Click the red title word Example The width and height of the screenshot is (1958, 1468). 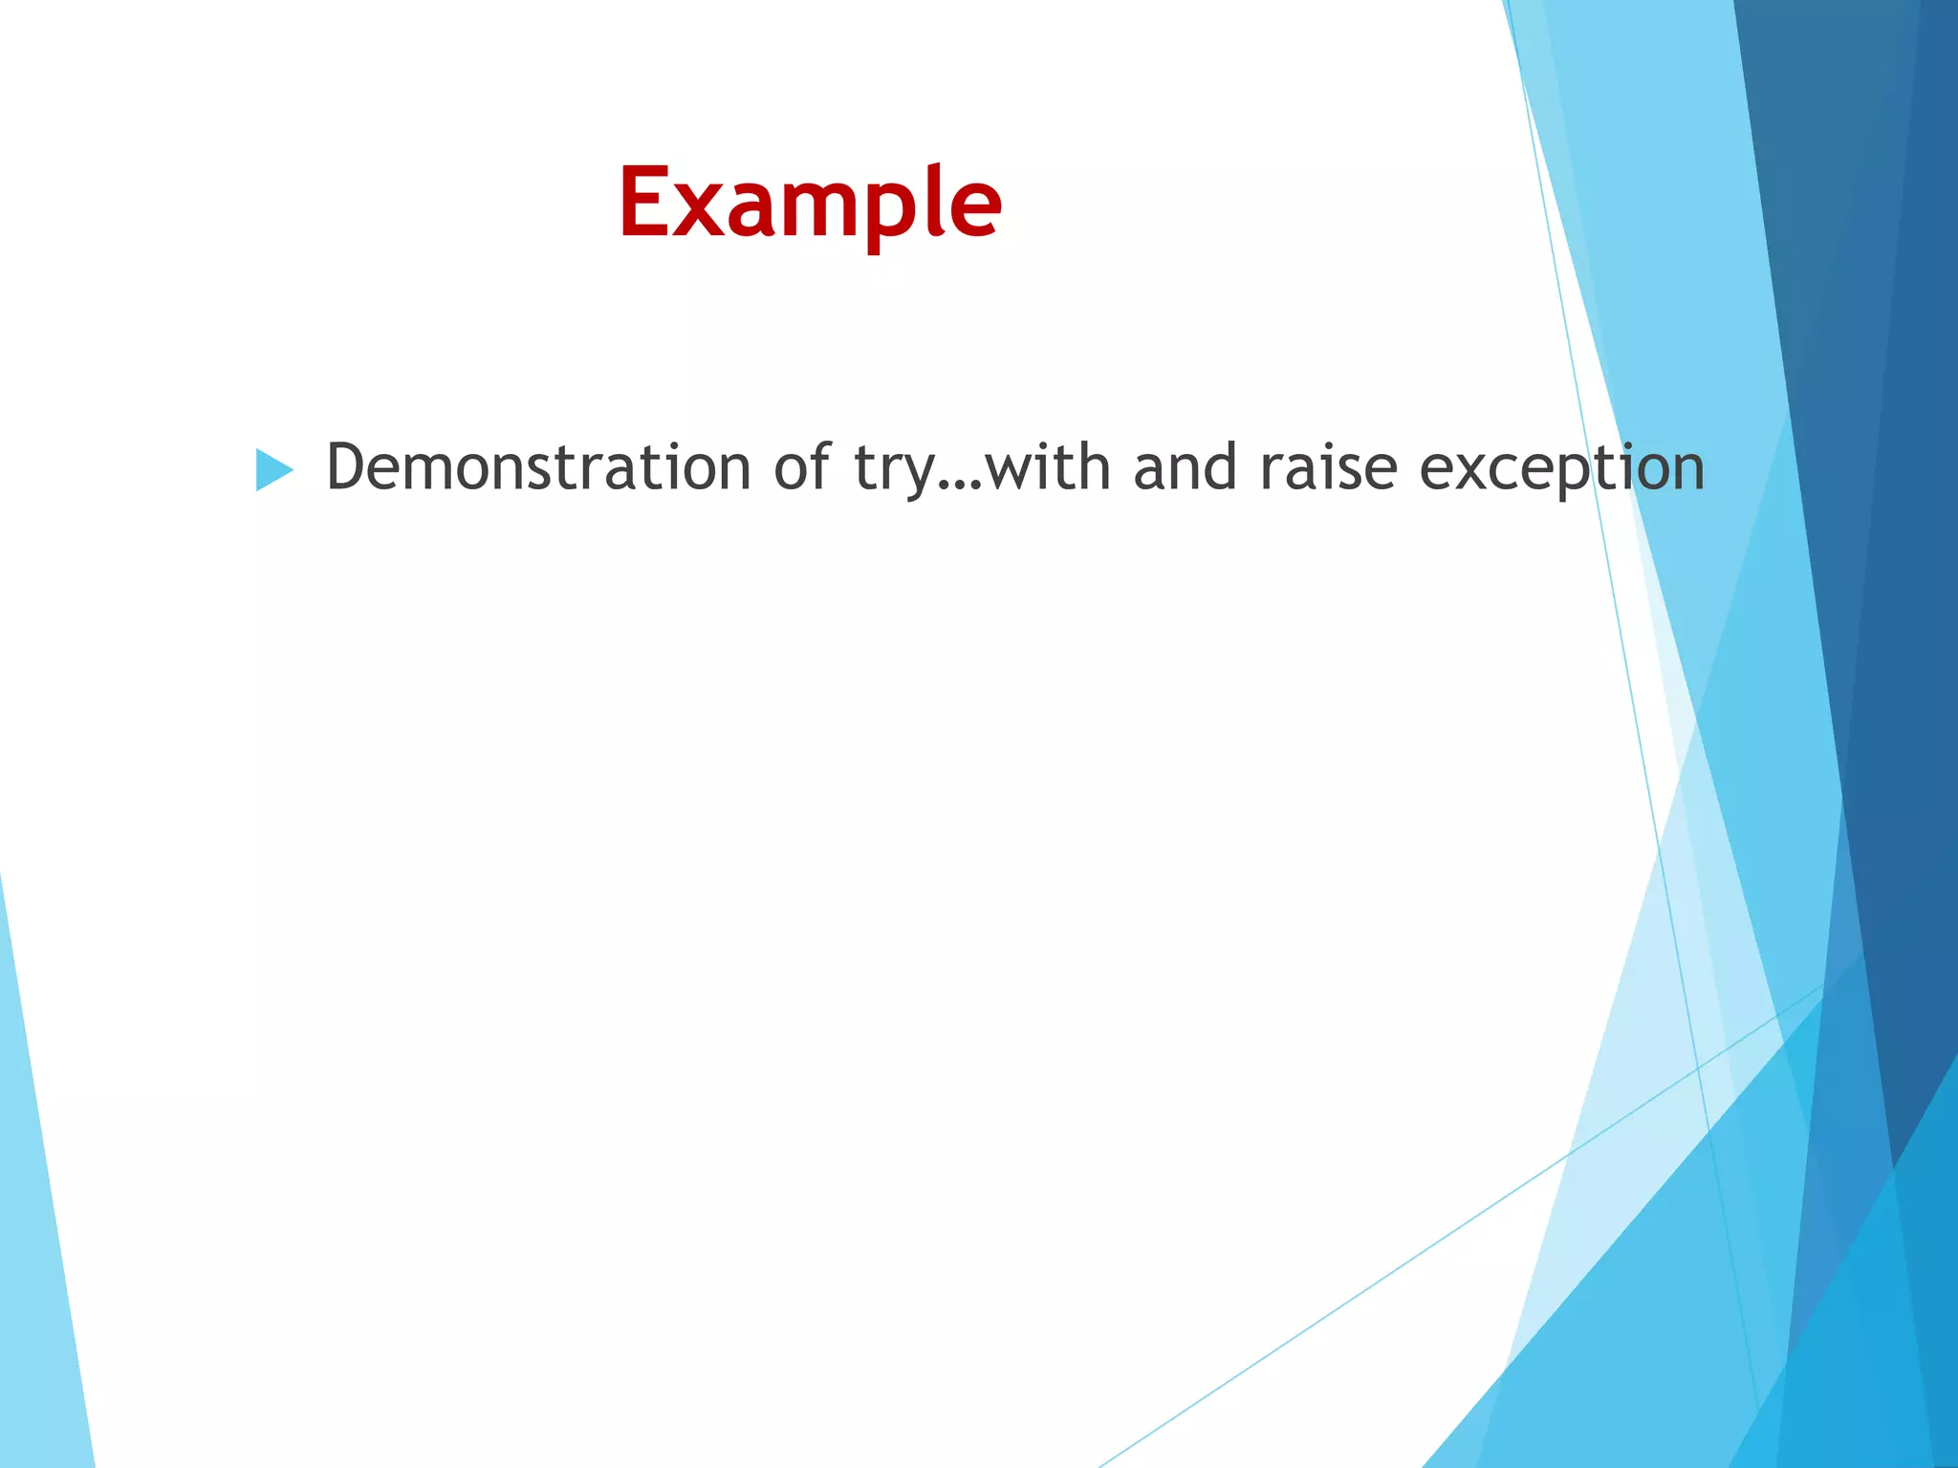coord(810,203)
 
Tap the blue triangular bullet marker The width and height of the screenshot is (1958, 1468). coord(273,470)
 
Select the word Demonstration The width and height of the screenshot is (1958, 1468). coord(538,467)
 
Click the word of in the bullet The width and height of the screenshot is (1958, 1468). coord(802,467)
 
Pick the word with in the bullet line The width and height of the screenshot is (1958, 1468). coord(1048,467)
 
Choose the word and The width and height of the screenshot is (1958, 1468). coord(1186,467)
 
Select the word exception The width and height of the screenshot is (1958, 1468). coord(1561,471)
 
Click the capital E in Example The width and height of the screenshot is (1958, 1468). coord(645,203)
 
